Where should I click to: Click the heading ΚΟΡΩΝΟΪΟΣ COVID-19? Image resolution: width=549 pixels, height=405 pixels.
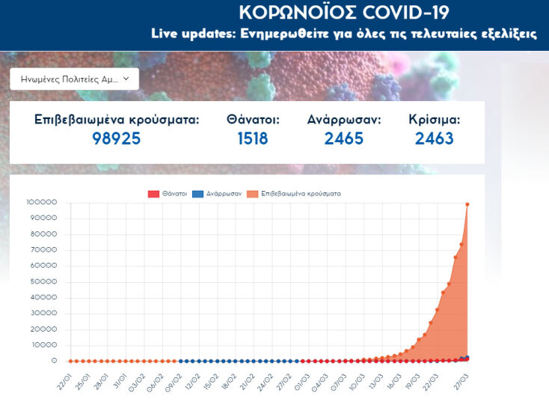344,13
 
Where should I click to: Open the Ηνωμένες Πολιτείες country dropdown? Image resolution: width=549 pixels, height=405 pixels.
74,79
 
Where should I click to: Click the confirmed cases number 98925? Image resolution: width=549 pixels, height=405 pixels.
117,138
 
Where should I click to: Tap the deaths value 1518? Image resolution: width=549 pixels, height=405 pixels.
253,138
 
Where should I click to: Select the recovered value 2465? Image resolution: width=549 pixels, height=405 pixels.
344,138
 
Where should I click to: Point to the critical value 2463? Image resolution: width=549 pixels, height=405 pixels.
435,138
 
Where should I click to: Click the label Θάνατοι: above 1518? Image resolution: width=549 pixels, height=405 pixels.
253,119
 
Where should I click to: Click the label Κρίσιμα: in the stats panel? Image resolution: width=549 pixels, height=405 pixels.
435,119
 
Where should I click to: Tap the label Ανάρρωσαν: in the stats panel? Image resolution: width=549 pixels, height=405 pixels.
344,119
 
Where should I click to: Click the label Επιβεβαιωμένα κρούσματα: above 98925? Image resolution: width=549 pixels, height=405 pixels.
117,119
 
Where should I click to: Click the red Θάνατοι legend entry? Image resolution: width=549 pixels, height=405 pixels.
165,193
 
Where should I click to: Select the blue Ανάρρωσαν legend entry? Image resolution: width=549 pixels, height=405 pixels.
218,193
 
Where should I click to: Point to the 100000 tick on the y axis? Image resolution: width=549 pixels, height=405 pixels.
42,202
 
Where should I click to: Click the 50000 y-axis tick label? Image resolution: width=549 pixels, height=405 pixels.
44,281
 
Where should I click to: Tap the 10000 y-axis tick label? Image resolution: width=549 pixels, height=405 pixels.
44,345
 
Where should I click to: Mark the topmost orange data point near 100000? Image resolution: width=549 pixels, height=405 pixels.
467,204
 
